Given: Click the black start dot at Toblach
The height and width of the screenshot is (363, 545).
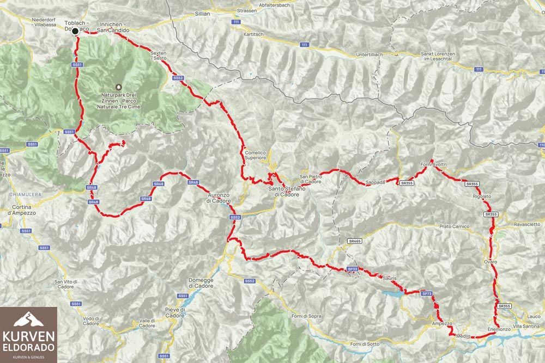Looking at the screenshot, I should [75, 31].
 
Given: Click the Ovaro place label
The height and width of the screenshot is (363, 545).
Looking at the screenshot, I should [490, 262].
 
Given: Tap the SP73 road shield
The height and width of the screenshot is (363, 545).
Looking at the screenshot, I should [427, 293].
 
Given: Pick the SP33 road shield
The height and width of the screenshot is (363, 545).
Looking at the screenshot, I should [352, 269].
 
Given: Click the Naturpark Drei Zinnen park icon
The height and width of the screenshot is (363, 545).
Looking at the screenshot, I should [118, 87].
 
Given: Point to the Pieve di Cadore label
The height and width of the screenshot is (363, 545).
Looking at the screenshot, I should [176, 312].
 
